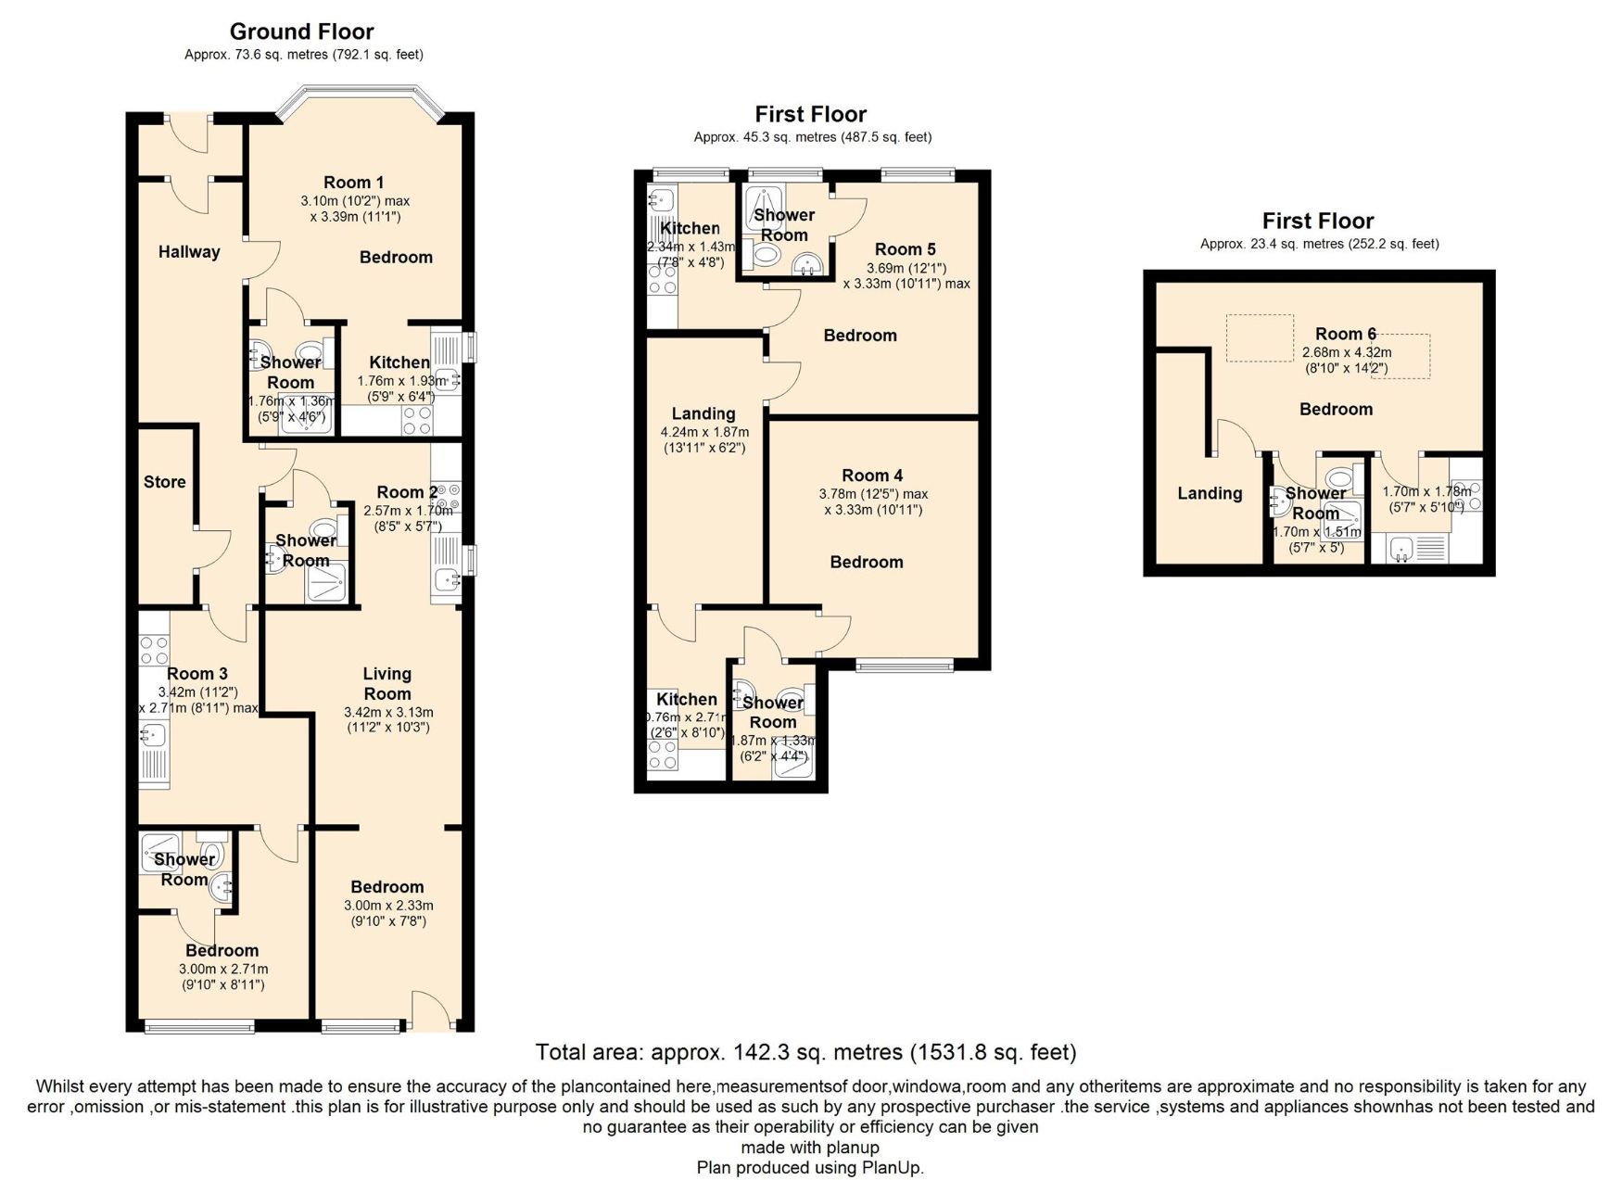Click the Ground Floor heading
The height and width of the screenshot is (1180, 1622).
(301, 32)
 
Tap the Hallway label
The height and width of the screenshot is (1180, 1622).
(189, 252)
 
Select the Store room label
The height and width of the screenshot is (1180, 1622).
(165, 482)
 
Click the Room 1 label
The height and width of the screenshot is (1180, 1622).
(353, 183)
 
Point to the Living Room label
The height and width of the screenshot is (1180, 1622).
(386, 684)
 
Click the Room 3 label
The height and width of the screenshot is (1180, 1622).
(196, 674)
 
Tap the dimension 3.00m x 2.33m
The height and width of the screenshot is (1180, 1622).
(388, 906)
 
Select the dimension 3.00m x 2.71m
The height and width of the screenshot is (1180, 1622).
(222, 969)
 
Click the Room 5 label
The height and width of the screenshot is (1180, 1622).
(905, 249)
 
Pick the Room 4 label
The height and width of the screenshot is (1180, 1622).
(871, 476)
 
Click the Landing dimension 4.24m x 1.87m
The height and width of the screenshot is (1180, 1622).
(704, 432)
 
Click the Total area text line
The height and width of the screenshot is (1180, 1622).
(805, 1052)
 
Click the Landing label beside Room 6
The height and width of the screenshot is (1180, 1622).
(1210, 494)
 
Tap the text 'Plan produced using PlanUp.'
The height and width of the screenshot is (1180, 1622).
(810, 1168)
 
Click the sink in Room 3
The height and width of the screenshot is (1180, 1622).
(153, 734)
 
